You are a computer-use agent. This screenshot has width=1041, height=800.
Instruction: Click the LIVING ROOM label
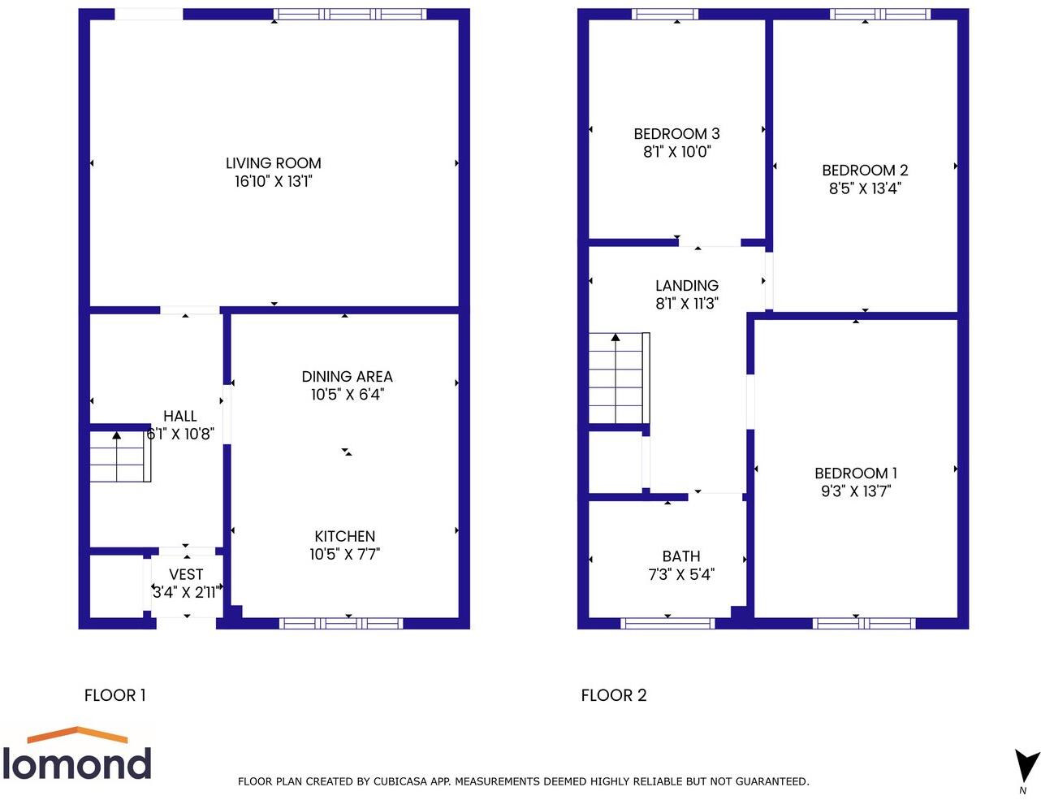click(x=273, y=163)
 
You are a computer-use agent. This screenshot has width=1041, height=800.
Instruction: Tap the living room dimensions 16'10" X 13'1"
click(x=273, y=181)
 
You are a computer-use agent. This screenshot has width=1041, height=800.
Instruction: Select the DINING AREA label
click(x=347, y=376)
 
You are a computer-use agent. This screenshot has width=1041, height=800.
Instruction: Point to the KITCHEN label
click(x=344, y=536)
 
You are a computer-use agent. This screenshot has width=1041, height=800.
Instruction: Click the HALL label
click(x=179, y=416)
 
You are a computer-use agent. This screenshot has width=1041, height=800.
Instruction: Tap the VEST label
click(x=186, y=574)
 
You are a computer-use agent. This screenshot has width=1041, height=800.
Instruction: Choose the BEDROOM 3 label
click(x=676, y=134)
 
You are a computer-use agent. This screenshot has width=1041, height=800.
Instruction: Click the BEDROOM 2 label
click(x=865, y=170)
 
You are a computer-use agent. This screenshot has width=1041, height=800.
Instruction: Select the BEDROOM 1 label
click(x=856, y=473)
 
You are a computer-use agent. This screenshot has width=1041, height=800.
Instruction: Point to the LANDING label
click(x=687, y=285)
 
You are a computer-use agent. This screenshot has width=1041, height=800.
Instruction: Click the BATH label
click(x=680, y=556)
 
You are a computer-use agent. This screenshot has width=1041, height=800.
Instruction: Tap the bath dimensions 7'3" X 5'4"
click(x=680, y=574)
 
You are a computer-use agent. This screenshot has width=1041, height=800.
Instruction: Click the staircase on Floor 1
click(x=119, y=458)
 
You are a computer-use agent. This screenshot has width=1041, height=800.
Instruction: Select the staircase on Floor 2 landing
click(x=618, y=378)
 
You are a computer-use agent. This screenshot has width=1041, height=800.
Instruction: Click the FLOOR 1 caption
click(x=114, y=695)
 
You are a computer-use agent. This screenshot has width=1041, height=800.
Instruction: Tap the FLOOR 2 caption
click(x=613, y=695)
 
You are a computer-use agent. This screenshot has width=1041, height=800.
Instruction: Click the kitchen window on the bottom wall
click(x=341, y=624)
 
